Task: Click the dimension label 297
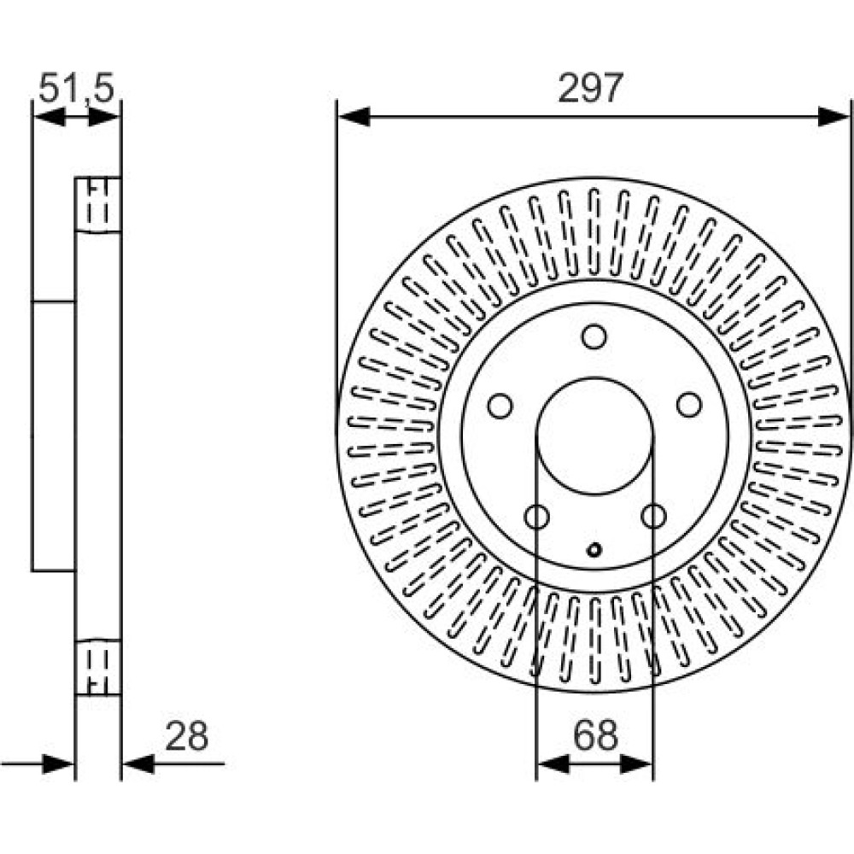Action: (x=590, y=88)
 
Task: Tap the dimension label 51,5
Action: (x=76, y=88)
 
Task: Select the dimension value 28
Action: (x=186, y=736)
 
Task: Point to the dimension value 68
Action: (x=595, y=735)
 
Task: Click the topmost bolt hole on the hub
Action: (x=594, y=336)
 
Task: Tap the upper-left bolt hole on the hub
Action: (x=500, y=406)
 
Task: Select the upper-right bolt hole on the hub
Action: (x=689, y=405)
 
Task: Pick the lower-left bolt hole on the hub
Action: (x=536, y=516)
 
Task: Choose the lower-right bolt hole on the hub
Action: (x=653, y=515)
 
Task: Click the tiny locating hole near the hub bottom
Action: (x=594, y=549)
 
